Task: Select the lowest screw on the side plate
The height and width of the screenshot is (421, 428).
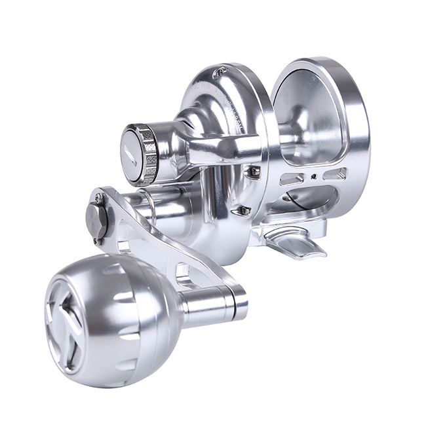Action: (x=244, y=210)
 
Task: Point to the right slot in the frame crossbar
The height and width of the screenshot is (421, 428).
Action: (x=334, y=174)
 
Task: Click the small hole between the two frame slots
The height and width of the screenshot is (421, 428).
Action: (x=315, y=175)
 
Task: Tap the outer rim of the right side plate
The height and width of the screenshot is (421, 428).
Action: (x=357, y=124)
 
